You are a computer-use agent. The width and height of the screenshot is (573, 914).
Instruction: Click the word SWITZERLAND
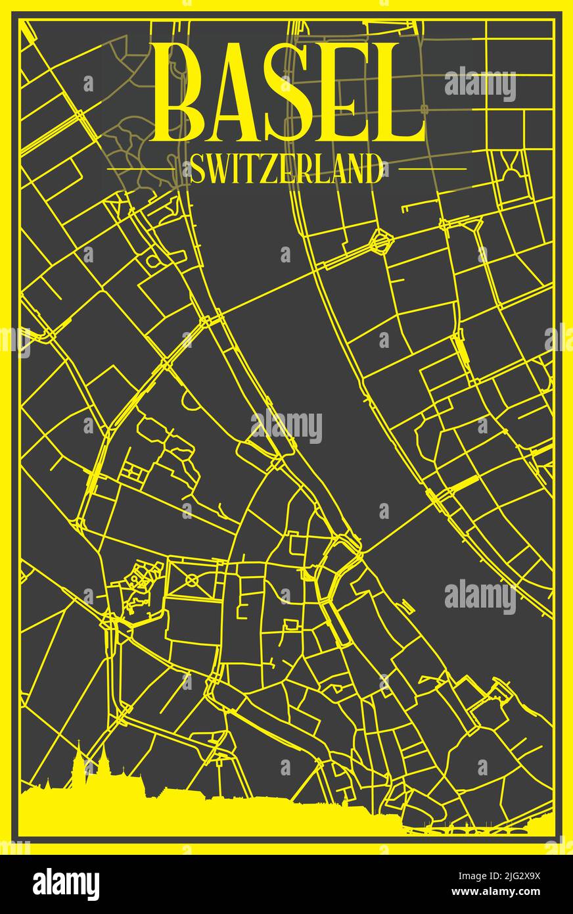pos(286,170)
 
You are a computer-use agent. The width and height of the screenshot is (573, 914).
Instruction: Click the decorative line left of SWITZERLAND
pos(141,169)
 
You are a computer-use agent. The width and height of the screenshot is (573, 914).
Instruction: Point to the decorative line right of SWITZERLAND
pos(430,169)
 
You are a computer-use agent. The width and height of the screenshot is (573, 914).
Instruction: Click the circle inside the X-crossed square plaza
pos(192,579)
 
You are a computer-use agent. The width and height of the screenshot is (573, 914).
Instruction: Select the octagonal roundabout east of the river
pos(380,241)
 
